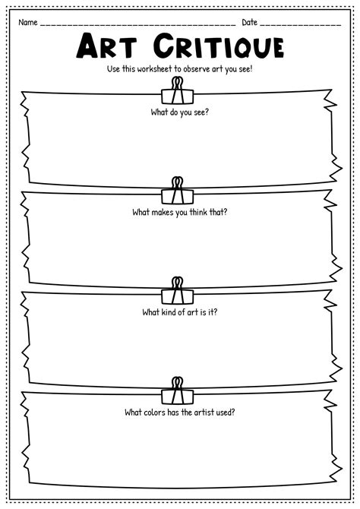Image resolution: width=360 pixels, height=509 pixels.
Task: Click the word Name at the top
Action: [28, 22]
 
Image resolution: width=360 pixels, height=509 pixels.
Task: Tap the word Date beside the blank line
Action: [249, 22]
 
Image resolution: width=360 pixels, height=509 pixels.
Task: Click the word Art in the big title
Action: [106, 46]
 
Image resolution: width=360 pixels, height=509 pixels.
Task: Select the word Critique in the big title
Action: [219, 47]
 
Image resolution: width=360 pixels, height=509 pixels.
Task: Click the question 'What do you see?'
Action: [180, 112]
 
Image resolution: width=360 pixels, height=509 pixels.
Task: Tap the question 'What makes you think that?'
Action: [180, 212]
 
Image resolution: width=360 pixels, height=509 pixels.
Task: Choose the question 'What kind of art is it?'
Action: [180, 312]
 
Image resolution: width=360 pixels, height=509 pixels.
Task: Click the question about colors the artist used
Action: [180, 413]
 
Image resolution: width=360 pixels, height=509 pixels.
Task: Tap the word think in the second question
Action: [198, 212]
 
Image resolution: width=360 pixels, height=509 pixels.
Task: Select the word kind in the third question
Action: [169, 312]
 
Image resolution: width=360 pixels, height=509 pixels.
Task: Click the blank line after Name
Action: [138, 25]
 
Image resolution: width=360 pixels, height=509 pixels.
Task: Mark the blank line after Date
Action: [301, 25]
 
